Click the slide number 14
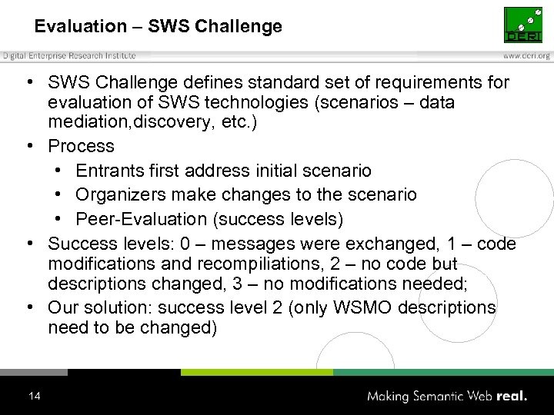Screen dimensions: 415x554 coord(34,397)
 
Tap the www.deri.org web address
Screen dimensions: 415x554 coord(527,56)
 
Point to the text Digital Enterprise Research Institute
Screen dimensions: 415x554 coord(69,55)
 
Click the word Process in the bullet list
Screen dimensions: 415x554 coord(81,146)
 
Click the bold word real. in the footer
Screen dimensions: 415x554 coord(512,397)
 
